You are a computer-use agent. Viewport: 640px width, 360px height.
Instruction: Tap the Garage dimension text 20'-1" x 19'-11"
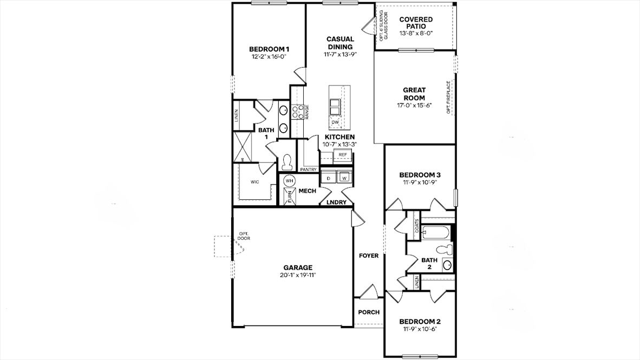pos(298,275)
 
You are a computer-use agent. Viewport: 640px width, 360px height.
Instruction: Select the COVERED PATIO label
pos(416,23)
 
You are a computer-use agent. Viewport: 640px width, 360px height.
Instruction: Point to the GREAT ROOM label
pos(414,94)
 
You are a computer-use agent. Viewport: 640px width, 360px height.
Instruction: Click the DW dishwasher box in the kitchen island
pos(335,122)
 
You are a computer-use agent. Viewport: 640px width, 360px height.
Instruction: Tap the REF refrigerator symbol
pos(342,155)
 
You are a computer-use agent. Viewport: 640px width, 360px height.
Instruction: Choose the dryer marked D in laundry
pos(328,178)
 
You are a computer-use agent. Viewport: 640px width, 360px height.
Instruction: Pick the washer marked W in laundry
pos(343,178)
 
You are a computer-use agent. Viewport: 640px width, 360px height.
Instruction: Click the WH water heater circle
pos(289,180)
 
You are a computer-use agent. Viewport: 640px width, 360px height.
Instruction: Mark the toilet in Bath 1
pos(286,161)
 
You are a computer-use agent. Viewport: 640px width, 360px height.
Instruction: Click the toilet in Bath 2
pos(445,250)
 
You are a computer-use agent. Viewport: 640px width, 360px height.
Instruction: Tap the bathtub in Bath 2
pos(436,233)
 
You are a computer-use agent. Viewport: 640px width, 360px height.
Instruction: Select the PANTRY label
pos(308,169)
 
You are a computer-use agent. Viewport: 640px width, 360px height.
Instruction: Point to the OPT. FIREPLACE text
pos(448,97)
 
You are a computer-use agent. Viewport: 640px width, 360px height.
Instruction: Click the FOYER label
pos(369,256)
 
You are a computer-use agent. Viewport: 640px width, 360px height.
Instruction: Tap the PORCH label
pos(369,312)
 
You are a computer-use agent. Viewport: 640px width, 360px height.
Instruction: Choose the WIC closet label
pos(254,182)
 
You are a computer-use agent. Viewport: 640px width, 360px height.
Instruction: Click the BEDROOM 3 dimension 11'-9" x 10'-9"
pos(419,182)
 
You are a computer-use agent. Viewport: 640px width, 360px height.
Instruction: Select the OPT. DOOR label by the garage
pos(244,237)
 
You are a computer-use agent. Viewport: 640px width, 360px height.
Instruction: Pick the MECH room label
pos(307,191)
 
